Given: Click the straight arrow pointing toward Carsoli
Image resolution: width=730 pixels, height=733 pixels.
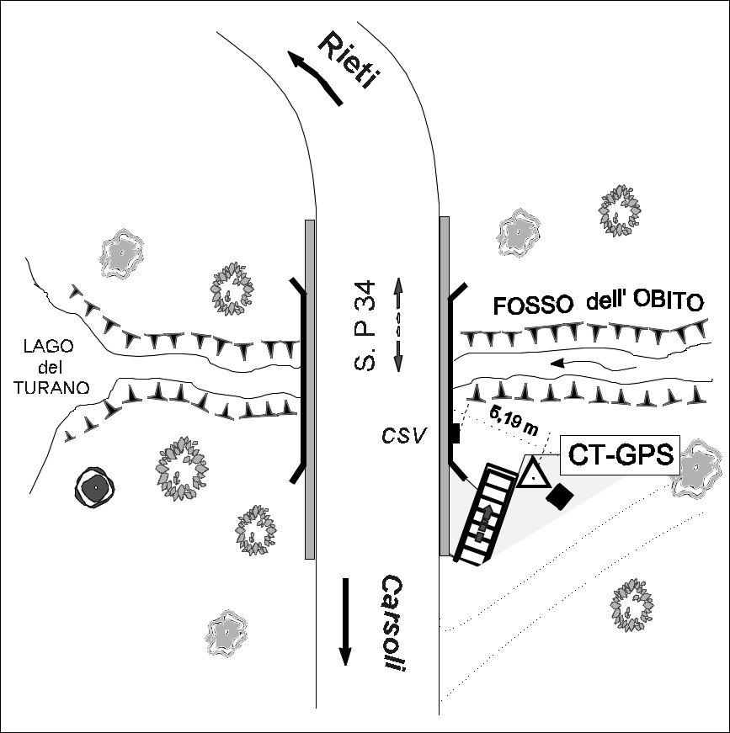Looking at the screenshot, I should pos(344,622).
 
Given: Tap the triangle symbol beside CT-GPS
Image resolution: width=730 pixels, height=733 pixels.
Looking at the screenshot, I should pos(533,475).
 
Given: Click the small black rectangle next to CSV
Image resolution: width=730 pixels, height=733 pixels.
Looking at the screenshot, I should pos(455,433).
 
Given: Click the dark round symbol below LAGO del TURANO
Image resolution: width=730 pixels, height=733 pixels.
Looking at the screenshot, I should pos(97,486).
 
